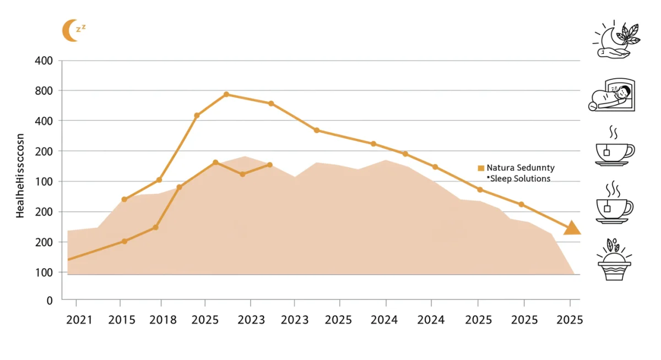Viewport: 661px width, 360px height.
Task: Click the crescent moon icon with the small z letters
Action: coord(73,30)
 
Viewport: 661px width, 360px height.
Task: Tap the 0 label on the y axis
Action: coord(50,301)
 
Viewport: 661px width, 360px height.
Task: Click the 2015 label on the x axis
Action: coord(122,320)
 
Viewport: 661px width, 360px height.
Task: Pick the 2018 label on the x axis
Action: coord(162,320)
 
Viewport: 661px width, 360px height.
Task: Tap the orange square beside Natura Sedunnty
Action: coord(481,168)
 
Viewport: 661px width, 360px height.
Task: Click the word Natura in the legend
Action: coord(500,167)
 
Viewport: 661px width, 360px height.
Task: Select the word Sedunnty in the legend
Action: coord(535,167)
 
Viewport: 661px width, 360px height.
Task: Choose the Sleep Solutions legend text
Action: coord(519,178)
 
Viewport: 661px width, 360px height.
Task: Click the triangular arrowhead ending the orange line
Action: coord(572,227)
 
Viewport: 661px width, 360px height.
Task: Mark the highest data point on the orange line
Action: coord(226,94)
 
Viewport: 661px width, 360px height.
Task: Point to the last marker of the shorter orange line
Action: coord(270,165)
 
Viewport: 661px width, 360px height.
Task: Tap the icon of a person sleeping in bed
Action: coord(612,95)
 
